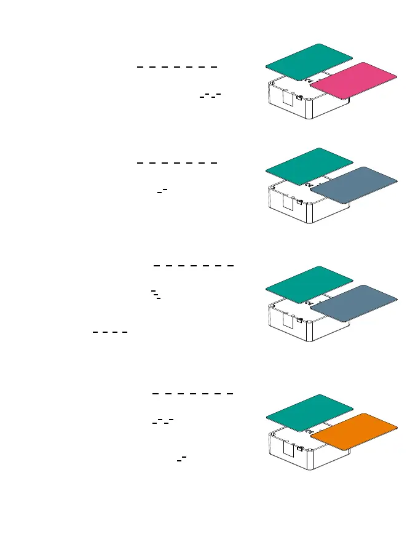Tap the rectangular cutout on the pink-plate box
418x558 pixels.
[288, 98]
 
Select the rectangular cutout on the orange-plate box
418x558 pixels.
[288, 449]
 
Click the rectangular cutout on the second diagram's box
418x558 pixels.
[288, 202]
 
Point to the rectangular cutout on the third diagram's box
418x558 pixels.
[288, 321]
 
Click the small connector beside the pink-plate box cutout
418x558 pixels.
[299, 97]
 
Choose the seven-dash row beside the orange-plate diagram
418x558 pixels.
[192, 393]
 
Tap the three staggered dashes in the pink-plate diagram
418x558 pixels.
[210, 95]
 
